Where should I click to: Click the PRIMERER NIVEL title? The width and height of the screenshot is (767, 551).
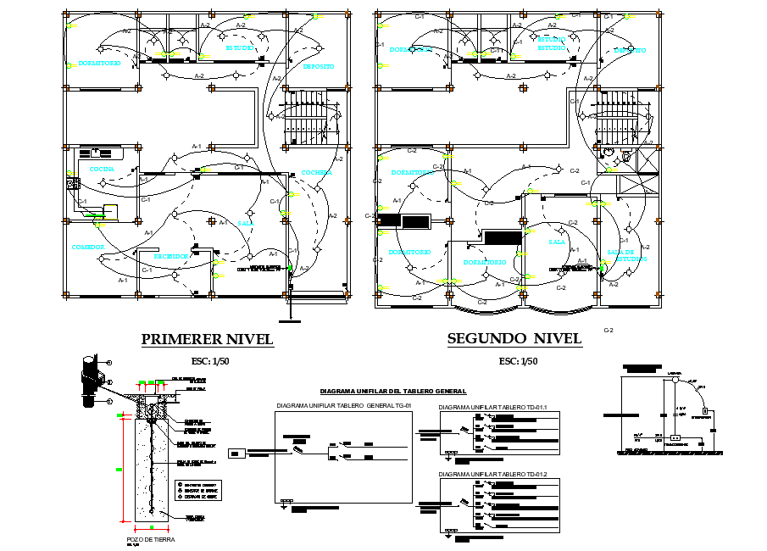click(207, 339)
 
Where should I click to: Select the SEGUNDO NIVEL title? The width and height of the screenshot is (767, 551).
click(514, 339)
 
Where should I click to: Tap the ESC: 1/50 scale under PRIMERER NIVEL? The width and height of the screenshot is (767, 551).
click(210, 361)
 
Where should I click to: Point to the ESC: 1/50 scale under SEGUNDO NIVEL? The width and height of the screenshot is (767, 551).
click(519, 361)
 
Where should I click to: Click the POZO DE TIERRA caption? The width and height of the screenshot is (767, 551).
click(151, 538)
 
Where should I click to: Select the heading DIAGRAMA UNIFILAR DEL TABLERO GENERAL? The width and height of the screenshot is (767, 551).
click(392, 392)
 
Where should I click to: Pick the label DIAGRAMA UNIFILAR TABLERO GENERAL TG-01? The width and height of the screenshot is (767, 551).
click(343, 407)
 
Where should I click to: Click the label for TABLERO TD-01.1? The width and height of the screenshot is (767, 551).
click(493, 408)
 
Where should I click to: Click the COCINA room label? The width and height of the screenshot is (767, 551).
click(102, 170)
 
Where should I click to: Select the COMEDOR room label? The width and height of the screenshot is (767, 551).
click(88, 248)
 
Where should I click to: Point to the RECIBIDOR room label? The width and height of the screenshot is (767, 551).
click(172, 255)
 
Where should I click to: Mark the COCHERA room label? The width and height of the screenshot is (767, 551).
click(316, 172)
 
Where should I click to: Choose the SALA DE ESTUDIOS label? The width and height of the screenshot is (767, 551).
click(626, 256)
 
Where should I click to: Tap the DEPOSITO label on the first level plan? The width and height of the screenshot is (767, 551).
click(318, 66)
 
